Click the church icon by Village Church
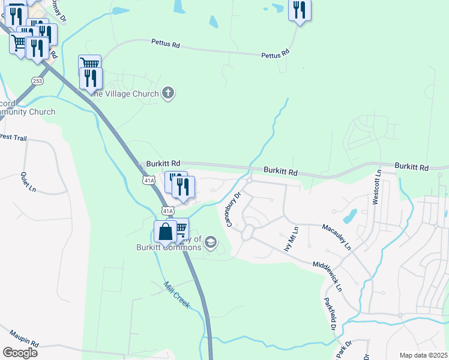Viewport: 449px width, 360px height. (x=169, y=93)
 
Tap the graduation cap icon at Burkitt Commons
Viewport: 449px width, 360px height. (x=210, y=242)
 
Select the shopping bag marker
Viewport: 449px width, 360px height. (x=165, y=232)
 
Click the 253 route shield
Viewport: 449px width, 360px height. (x=38, y=80)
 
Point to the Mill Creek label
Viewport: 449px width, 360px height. (x=177, y=295)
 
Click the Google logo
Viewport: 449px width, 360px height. (x=19, y=352)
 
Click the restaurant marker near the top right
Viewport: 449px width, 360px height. (x=299, y=10)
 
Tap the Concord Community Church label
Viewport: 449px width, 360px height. (x=27, y=107)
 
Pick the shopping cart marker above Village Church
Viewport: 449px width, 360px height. (x=89, y=64)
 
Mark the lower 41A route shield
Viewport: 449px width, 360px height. (x=167, y=211)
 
